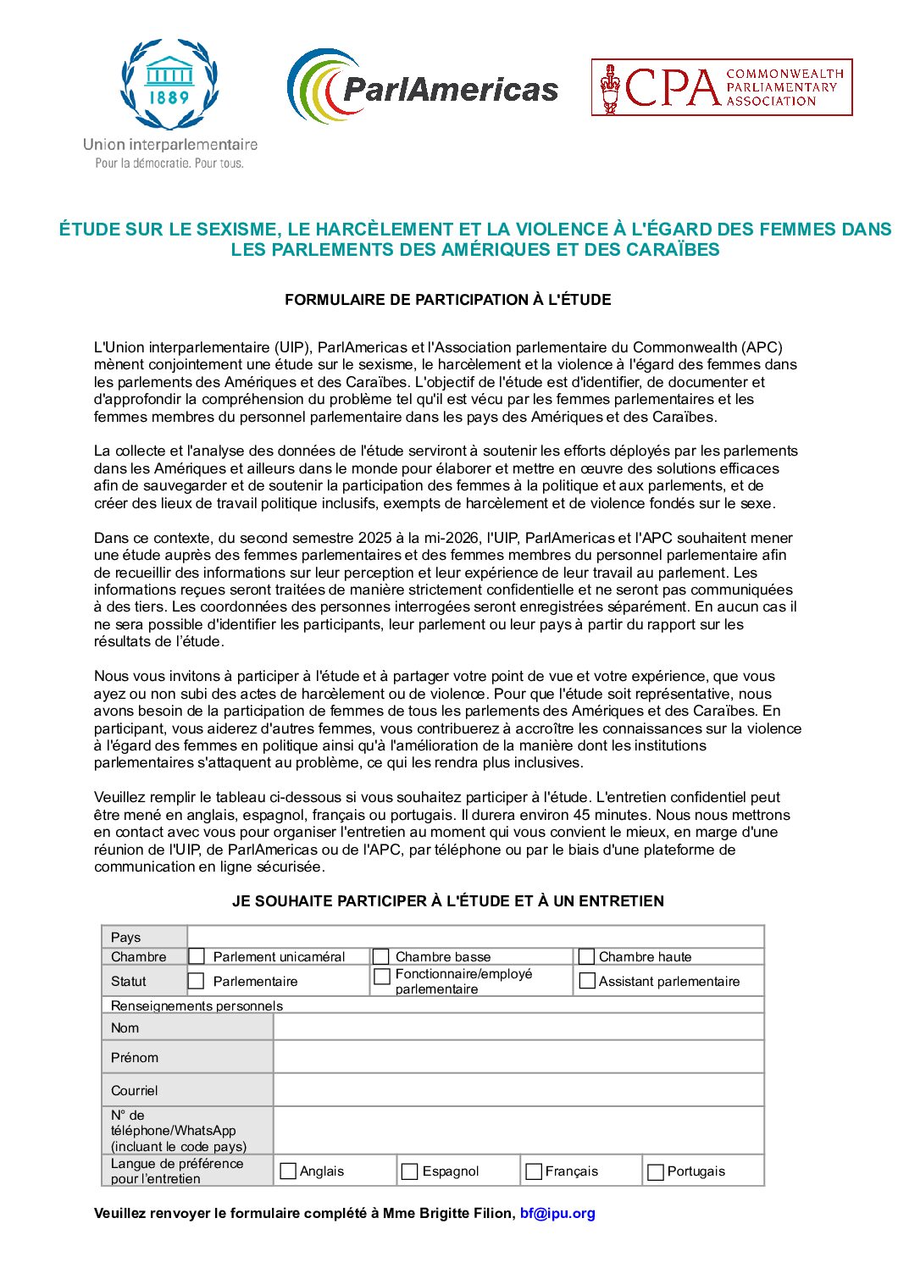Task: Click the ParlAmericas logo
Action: coord(422,87)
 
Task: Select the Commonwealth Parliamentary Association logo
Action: coord(722,87)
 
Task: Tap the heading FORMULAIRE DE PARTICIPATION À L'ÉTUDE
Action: coord(447,300)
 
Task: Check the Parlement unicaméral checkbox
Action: coord(197,956)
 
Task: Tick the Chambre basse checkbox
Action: coord(381,956)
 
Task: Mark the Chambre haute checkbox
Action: coord(586,956)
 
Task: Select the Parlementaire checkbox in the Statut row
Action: coord(197,981)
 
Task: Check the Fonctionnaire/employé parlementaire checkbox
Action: coord(382,977)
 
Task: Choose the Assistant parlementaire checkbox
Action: coord(586,981)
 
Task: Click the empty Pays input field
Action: coord(474,937)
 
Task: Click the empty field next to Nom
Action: coord(518,1027)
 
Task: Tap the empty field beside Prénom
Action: coord(518,1057)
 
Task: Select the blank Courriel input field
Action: coord(518,1090)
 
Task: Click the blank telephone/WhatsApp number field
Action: coord(518,1130)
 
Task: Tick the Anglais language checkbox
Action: coord(288,1171)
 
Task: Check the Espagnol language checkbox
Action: coord(410,1171)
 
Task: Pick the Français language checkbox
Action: coord(534,1171)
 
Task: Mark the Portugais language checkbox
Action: coord(655,1172)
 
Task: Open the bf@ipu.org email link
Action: coord(557,1213)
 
